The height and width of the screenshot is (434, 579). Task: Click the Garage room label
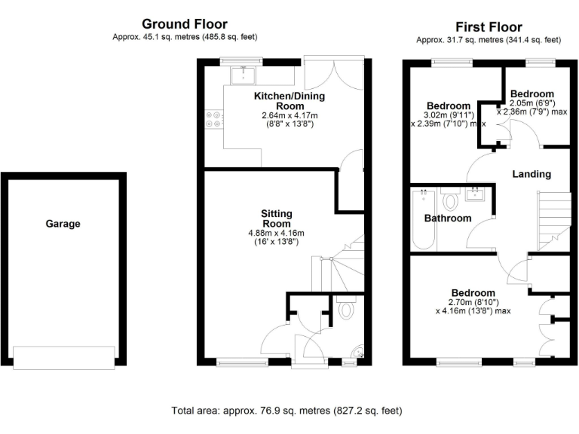pos(63,224)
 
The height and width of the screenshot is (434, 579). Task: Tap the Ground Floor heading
pos(184,25)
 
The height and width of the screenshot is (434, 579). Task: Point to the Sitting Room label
pos(277,219)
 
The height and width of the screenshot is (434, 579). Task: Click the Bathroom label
pos(447,219)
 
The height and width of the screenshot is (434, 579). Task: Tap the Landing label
pos(532,174)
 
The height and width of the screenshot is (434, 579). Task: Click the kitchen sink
pos(244,74)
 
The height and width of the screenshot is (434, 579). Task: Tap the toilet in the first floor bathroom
pos(452,200)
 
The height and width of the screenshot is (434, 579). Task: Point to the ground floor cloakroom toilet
pos(346,309)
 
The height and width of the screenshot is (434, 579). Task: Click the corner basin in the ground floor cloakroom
pos(358,351)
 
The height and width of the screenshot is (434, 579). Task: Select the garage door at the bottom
pos(63,357)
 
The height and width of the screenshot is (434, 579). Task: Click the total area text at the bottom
pos(287,411)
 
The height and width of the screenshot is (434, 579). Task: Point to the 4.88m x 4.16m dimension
pos(277,233)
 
